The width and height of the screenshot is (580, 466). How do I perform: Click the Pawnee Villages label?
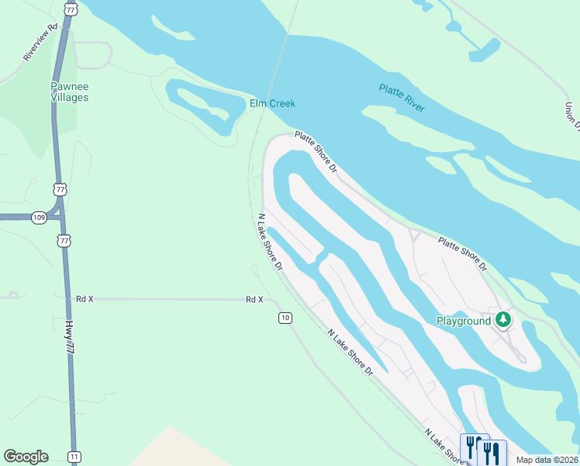pyautogui.click(x=70, y=92)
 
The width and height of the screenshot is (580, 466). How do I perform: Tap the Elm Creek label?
pyautogui.click(x=272, y=103)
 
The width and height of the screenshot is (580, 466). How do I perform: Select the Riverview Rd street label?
pyautogui.click(x=41, y=43)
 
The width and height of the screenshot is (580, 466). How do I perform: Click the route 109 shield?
pyautogui.click(x=40, y=217)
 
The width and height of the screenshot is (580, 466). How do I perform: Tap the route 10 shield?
pyautogui.click(x=285, y=318)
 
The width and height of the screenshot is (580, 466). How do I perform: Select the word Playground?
pyautogui.click(x=463, y=321)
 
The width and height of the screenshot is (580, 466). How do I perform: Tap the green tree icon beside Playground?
pyautogui.click(x=503, y=318)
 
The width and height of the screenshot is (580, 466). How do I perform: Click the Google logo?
pyautogui.click(x=26, y=457)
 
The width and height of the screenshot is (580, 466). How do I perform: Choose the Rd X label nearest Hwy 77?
pyautogui.click(x=85, y=298)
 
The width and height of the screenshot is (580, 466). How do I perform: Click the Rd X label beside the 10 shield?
pyautogui.click(x=254, y=299)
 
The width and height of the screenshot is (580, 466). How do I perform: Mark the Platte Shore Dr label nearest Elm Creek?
pyautogui.click(x=317, y=151)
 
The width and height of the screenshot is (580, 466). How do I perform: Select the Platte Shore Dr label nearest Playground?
pyautogui.click(x=462, y=254)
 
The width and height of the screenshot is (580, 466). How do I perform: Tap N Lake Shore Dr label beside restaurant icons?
pyautogui.click(x=443, y=445)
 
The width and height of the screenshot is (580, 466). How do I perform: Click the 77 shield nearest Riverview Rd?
pyautogui.click(x=71, y=9)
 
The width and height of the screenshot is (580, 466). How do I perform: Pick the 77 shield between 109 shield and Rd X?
pyautogui.click(x=64, y=241)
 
